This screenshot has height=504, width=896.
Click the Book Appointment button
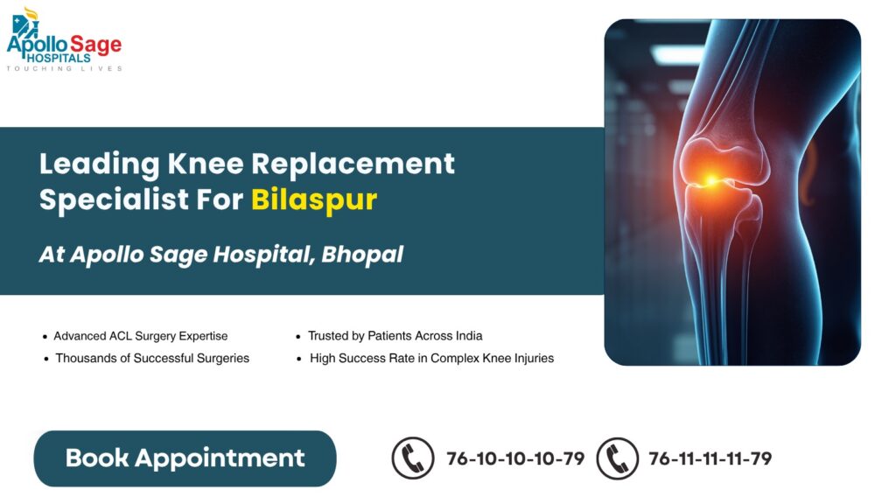(185, 458)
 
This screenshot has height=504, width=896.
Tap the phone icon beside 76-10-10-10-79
(413, 458)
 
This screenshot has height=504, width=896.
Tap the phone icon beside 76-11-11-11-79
(617, 458)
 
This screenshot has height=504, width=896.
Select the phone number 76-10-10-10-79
(515, 458)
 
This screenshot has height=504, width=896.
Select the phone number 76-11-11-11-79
(710, 458)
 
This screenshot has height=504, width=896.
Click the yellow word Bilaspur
(314, 199)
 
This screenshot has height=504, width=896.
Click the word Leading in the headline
(99, 164)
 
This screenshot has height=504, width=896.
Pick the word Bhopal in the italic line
(362, 255)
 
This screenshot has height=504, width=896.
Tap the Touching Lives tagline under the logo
(64, 68)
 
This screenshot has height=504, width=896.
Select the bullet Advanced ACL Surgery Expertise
(140, 336)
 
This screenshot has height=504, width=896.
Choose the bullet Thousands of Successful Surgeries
(151, 358)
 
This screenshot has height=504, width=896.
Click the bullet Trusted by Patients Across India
(395, 336)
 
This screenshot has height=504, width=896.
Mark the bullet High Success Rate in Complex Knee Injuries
(431, 358)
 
